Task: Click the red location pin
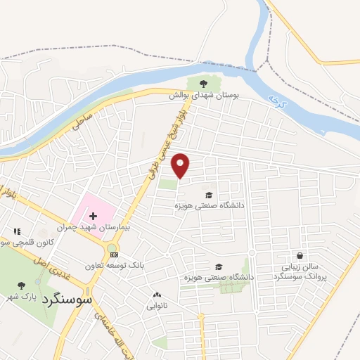(181, 165)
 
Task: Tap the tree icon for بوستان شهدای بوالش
(203, 84)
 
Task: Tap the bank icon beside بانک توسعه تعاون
(115, 255)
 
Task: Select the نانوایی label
(156, 306)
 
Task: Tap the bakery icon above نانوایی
(156, 295)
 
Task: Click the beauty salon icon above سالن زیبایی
(300, 256)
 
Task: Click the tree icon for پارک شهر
(20, 285)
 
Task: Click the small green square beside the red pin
(167, 184)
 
